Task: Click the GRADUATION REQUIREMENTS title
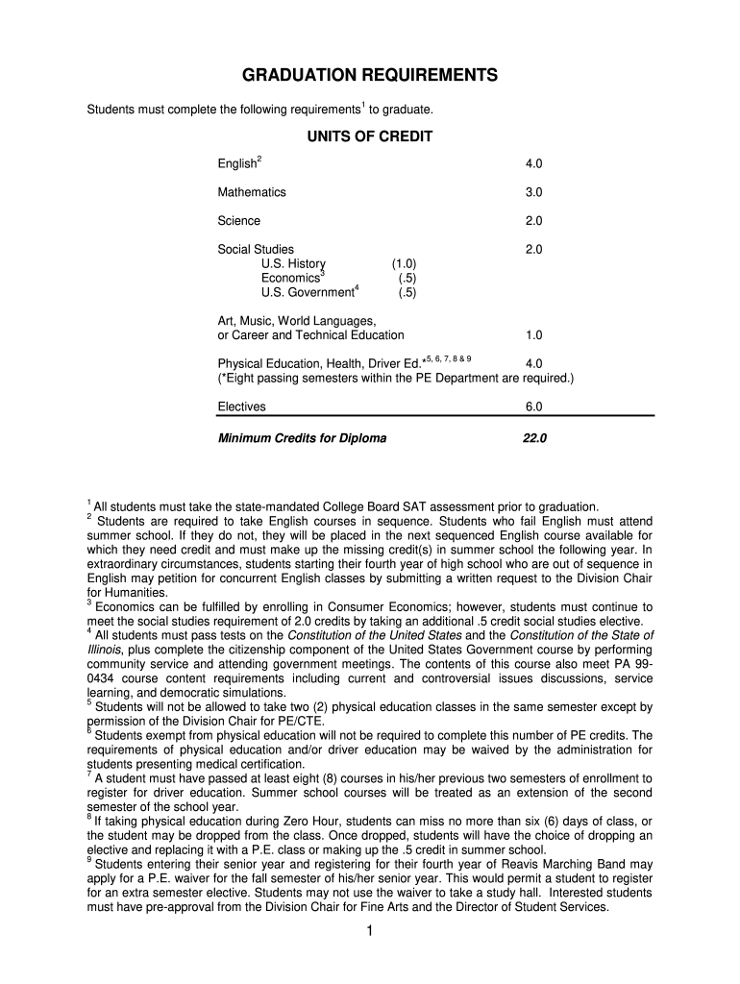(x=369, y=75)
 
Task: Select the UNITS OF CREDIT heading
(x=369, y=136)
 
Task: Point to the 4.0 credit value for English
(x=534, y=164)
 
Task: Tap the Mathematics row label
(x=252, y=192)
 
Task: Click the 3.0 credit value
(x=534, y=192)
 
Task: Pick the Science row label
(x=238, y=221)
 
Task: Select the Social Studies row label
(x=256, y=250)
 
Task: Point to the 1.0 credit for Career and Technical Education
(x=534, y=335)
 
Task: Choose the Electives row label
(x=242, y=406)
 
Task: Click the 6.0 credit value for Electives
(x=534, y=406)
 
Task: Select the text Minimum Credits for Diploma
(x=302, y=438)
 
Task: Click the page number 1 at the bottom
(x=370, y=932)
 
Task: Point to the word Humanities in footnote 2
(x=133, y=593)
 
